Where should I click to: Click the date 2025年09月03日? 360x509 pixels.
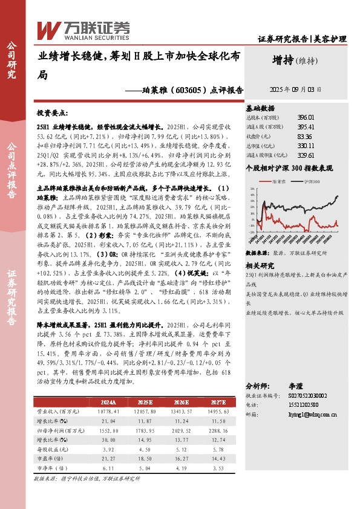point(295,89)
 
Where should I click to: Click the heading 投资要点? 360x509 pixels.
point(53,113)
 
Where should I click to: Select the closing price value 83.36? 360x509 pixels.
point(306,136)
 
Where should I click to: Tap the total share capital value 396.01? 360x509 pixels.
point(306,117)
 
